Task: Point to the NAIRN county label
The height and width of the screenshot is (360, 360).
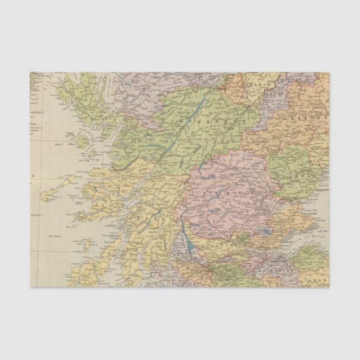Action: (x=236, y=88)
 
